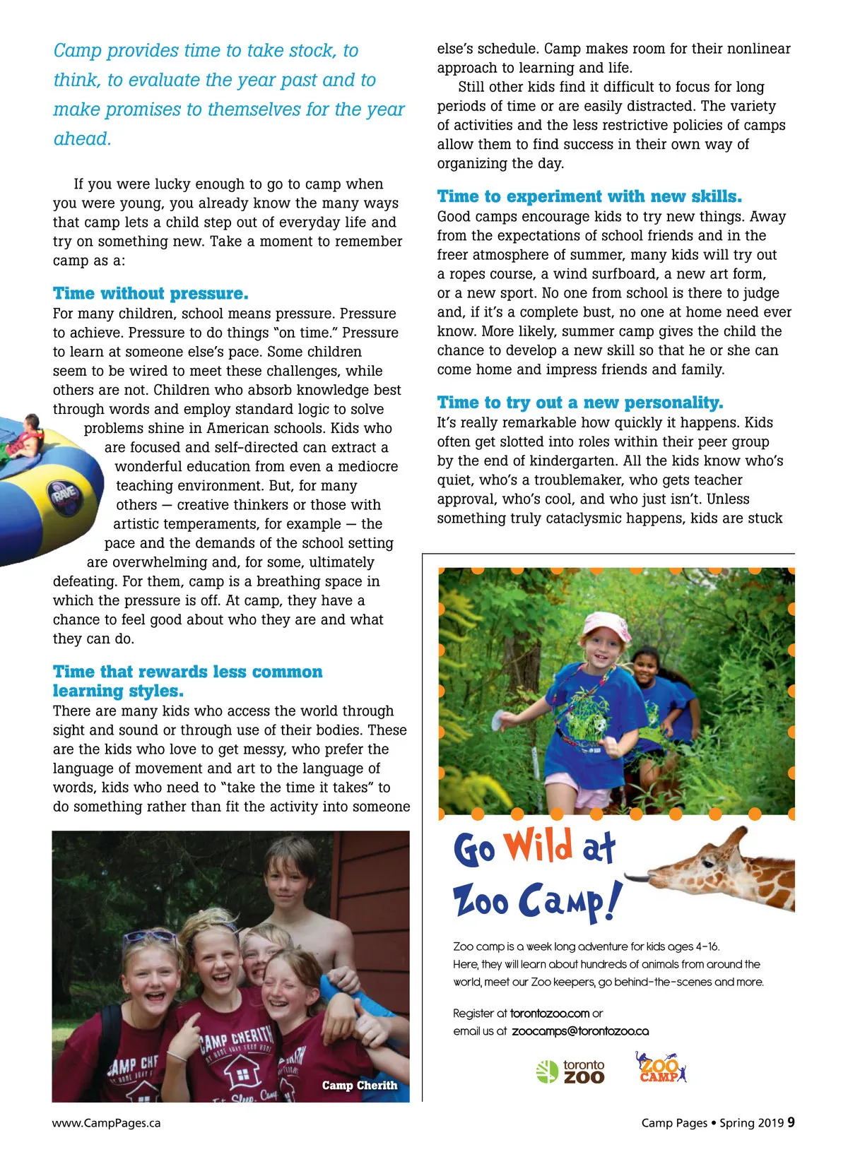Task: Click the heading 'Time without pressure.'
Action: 151,293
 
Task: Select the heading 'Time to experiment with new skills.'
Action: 589,196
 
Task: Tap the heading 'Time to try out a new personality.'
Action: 580,403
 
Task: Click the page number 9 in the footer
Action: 791,1122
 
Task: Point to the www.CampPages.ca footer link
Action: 106,1123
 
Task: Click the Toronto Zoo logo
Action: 571,1071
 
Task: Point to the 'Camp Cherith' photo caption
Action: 360,1086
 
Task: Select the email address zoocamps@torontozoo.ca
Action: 580,1031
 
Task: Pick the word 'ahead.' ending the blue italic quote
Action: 83,139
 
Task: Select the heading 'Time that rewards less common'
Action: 187,672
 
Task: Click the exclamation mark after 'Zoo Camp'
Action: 614,902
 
